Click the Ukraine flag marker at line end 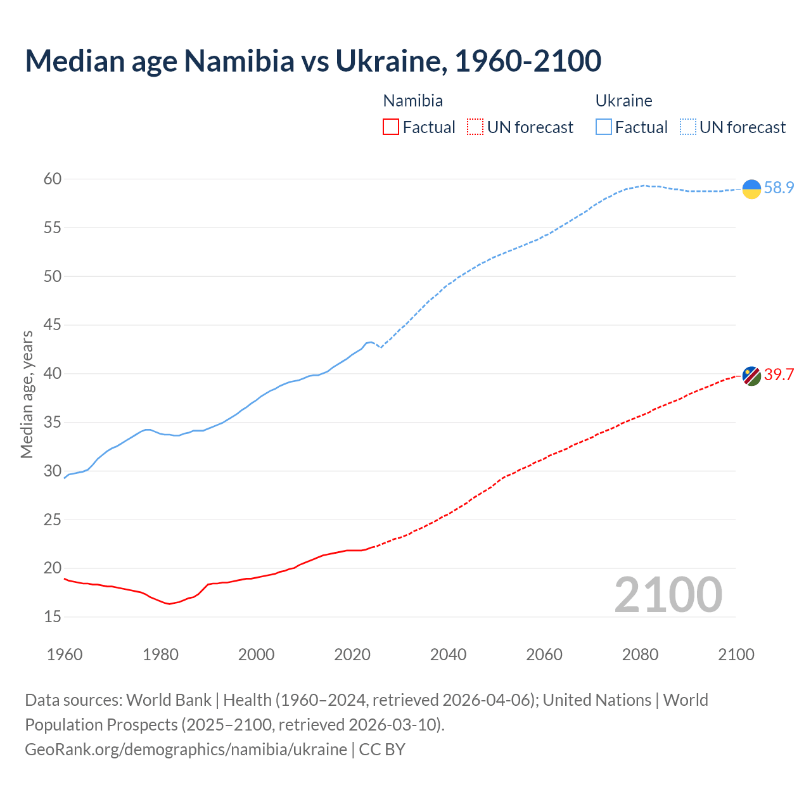751,189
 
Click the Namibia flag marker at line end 751,376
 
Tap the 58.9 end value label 779,188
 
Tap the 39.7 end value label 779,374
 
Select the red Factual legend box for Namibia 391,127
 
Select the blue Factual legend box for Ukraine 604,127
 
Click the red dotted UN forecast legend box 475,127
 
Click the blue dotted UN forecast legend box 688,127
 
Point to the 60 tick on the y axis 53,179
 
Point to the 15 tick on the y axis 53,616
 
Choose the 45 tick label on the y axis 53,325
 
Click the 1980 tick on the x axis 160,655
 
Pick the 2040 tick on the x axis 448,655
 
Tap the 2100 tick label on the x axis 736,655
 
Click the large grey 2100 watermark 668,594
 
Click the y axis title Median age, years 27,394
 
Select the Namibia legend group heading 413,101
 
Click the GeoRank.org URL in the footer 186,749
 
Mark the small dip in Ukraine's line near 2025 380,347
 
